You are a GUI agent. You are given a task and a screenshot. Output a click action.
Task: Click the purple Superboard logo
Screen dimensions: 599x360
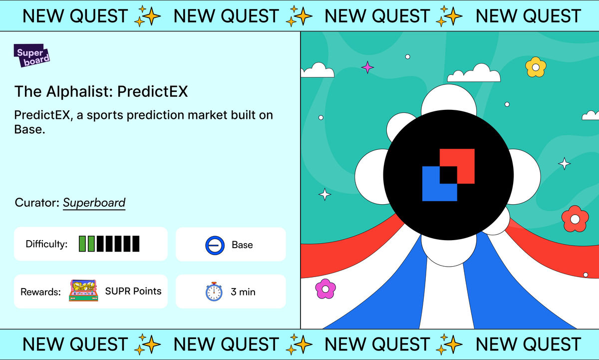click(x=31, y=55)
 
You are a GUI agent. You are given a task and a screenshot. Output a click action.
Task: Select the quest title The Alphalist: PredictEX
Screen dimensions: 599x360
click(x=101, y=91)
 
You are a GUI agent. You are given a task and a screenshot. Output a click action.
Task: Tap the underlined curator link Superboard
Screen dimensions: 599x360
click(x=94, y=203)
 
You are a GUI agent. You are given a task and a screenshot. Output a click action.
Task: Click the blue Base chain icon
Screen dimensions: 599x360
click(x=215, y=245)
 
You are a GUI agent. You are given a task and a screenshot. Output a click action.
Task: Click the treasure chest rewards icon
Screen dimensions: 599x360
click(x=83, y=291)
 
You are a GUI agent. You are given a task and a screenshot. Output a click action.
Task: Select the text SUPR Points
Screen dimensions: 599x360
click(x=133, y=291)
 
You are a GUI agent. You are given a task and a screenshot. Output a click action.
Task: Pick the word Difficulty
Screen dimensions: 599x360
click(x=46, y=244)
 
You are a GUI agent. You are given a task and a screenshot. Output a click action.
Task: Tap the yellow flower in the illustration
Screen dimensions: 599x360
click(x=536, y=67)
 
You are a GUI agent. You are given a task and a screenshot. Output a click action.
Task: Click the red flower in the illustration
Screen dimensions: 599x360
click(x=575, y=219)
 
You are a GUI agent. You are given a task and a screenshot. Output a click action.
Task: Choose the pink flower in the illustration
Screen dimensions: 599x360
click(x=325, y=289)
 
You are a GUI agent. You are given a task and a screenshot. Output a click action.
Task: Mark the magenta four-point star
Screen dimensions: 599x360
click(x=367, y=67)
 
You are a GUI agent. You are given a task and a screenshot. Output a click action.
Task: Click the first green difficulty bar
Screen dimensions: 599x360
click(x=82, y=244)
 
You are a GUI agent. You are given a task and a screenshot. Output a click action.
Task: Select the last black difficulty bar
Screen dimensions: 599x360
click(x=136, y=244)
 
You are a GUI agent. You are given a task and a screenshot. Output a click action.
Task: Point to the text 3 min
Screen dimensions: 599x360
click(x=243, y=292)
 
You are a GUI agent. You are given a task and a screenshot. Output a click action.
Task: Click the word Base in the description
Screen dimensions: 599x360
click(x=29, y=129)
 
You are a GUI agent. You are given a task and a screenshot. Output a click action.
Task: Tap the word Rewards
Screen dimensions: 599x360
click(x=40, y=292)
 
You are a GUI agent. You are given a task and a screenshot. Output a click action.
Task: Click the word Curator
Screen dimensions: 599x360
click(x=37, y=203)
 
